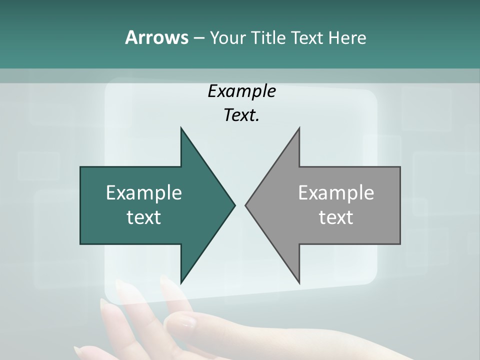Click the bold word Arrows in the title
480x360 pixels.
tap(156, 37)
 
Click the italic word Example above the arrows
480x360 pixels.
tap(241, 91)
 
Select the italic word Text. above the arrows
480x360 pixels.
tap(241, 115)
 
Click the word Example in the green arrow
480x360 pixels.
tap(144, 192)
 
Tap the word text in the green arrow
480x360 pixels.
tap(144, 217)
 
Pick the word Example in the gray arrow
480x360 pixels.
tap(336, 192)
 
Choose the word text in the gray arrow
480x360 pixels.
tap(336, 217)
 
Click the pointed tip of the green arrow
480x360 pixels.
tap(234, 205)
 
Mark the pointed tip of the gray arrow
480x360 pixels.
tap(245, 205)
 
